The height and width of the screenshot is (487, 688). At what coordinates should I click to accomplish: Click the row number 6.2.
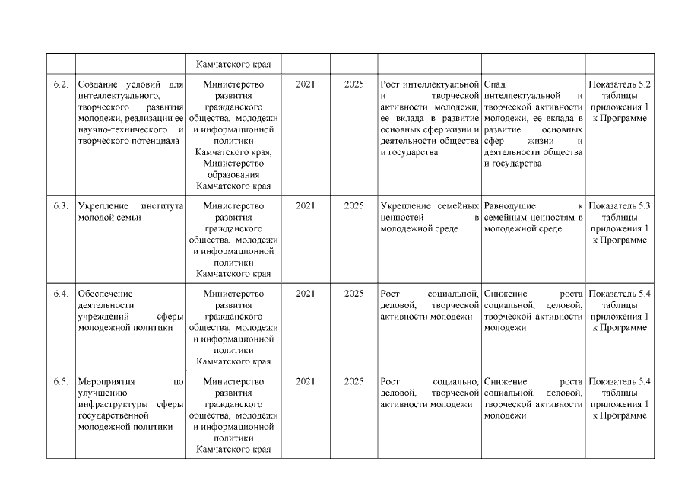[x=61, y=84]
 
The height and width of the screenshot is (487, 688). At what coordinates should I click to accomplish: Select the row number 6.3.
[x=61, y=205]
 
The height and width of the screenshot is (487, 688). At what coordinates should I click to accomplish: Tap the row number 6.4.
[x=61, y=293]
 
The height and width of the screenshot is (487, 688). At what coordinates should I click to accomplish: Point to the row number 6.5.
[x=61, y=381]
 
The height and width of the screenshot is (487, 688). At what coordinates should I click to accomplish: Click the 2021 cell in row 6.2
[x=306, y=84]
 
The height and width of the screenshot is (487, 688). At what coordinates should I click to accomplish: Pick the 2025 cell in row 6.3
[x=354, y=205]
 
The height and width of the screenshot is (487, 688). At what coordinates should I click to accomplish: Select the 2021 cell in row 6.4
[x=306, y=293]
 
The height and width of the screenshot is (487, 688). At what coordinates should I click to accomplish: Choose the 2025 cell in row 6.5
[x=354, y=381]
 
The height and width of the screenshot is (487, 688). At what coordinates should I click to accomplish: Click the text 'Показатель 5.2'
[x=620, y=84]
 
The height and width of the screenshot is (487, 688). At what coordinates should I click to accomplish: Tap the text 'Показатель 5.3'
[x=620, y=205]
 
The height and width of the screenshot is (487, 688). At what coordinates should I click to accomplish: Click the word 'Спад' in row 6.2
[x=494, y=84]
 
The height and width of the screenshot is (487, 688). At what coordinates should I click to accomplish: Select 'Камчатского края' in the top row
[x=233, y=64]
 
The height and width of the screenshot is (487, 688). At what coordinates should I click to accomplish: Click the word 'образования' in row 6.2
[x=233, y=174]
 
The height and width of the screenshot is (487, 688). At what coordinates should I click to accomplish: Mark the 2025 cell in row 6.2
[x=354, y=84]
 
